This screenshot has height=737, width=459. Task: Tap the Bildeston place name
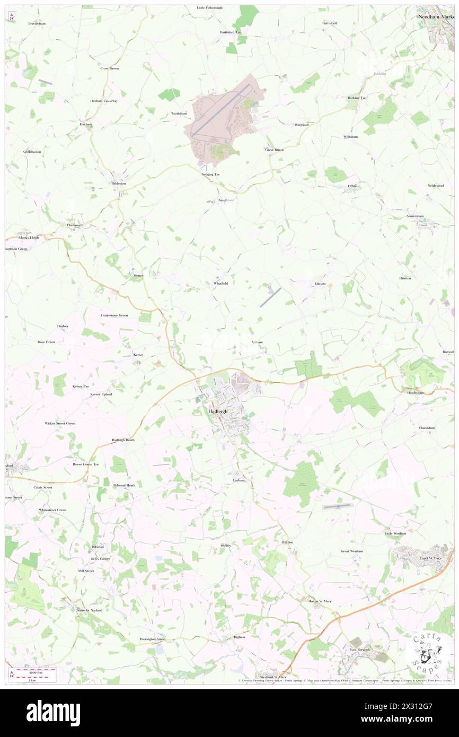coord(119,183)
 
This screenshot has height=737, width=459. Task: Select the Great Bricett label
coord(275,150)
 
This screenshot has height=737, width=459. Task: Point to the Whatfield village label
coord(220,284)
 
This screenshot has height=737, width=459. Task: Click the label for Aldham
coord(257,343)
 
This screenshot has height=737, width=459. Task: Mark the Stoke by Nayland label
coord(89,610)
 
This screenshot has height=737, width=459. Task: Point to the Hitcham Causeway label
coord(104,101)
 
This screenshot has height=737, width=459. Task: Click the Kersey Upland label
coord(101,394)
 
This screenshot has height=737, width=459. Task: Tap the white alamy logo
coord(53,713)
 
